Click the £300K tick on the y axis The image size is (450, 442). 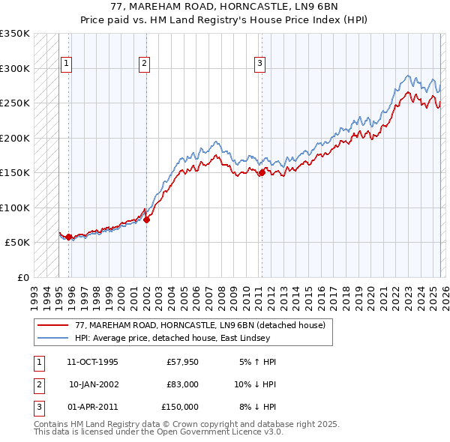pyautogui.click(x=15, y=68)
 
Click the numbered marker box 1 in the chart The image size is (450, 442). pyautogui.click(x=67, y=64)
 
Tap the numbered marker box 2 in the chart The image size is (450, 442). pyautogui.click(x=143, y=64)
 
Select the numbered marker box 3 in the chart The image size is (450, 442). pyautogui.click(x=259, y=64)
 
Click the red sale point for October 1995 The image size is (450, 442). pyautogui.click(x=68, y=237)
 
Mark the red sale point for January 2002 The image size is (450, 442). pyautogui.click(x=146, y=220)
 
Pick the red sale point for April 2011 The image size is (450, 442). pyautogui.click(x=261, y=173)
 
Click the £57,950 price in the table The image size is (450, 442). pyautogui.click(x=182, y=362)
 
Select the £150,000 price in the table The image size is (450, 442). pyautogui.click(x=180, y=407)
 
